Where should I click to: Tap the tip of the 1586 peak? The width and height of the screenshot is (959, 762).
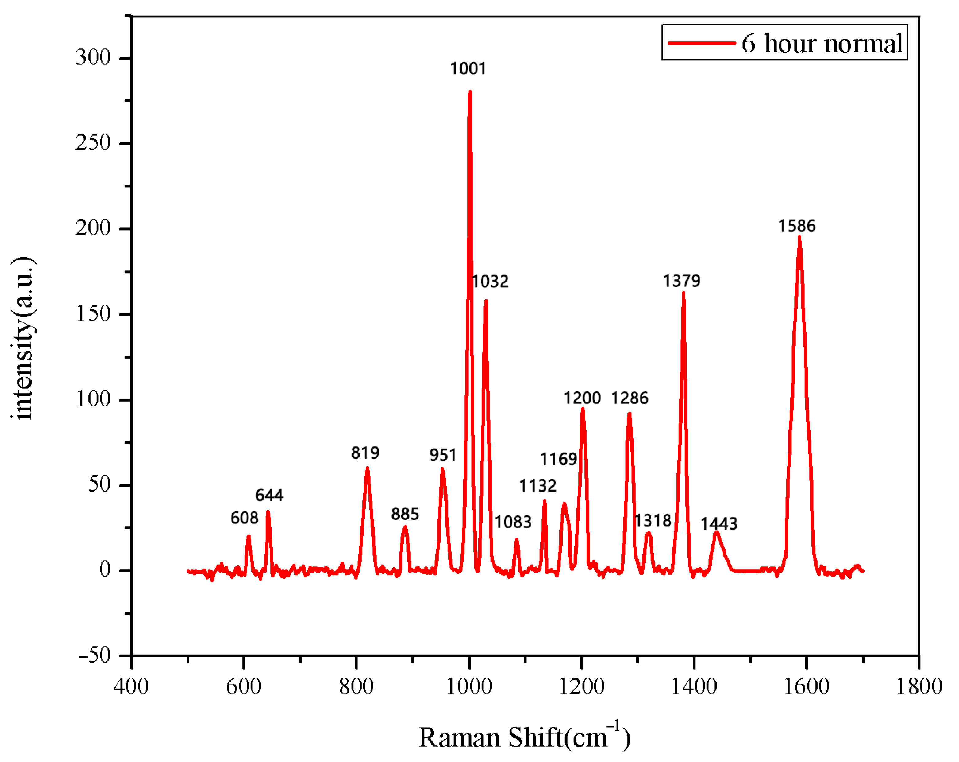point(799,237)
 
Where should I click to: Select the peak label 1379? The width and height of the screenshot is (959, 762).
point(681,281)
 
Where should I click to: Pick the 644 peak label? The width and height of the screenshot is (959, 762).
point(269,495)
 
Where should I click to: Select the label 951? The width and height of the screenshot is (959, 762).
point(443,455)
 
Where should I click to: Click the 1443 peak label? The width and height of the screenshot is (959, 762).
point(719,523)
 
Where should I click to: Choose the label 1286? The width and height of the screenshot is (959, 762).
point(630,398)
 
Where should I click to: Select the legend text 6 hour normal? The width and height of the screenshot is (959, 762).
point(822,44)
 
